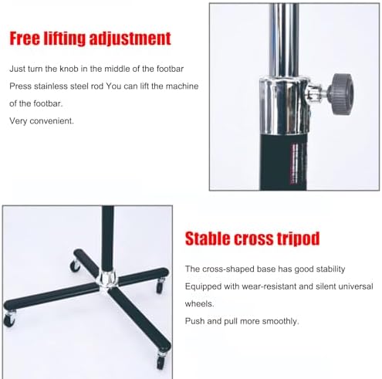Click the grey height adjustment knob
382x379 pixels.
(x=341, y=94)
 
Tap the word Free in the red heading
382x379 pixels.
(x=25, y=39)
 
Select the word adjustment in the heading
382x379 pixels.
(x=130, y=39)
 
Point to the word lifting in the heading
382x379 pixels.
(x=65, y=39)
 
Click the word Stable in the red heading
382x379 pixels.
(x=208, y=239)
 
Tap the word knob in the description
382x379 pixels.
(x=69, y=69)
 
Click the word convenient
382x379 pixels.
(x=52, y=120)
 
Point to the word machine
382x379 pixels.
(x=182, y=86)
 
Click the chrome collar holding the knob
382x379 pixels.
(x=284, y=106)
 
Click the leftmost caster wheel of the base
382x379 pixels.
(x=9, y=320)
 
